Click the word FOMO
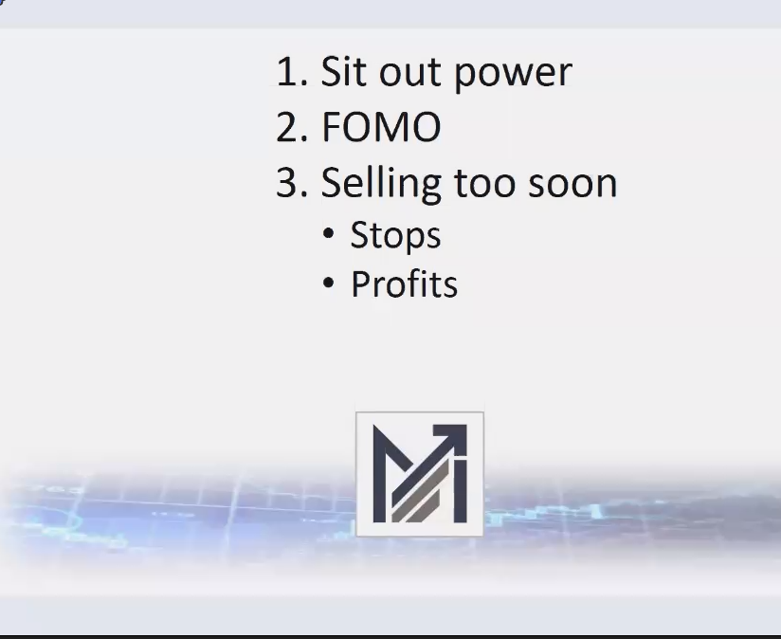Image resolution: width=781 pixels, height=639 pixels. point(382,128)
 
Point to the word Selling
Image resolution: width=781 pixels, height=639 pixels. point(380,183)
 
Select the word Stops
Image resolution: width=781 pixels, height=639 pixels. point(395,236)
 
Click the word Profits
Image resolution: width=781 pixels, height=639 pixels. point(405,284)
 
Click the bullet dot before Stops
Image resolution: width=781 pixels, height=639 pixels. point(329,233)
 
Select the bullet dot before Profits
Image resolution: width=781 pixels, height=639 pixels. point(329,283)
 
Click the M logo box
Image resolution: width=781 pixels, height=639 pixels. point(420,474)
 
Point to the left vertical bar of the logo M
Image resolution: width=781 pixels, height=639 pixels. point(379,474)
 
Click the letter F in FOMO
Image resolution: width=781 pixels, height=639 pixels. point(332,128)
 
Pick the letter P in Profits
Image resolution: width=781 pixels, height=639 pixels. point(360,284)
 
